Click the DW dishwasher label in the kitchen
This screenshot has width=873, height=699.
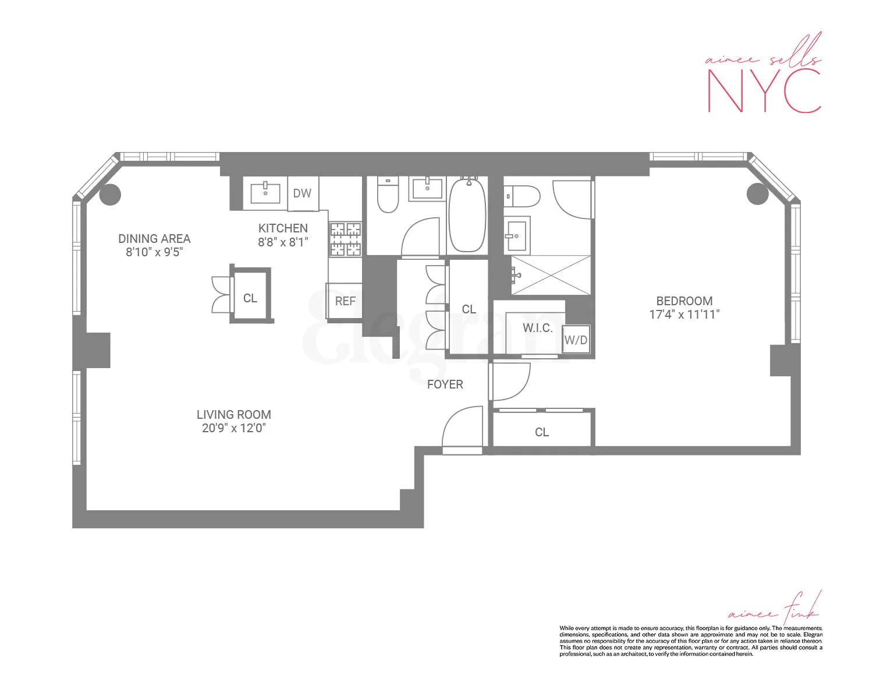pyautogui.click(x=302, y=193)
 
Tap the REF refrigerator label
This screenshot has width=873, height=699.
pyautogui.click(x=345, y=301)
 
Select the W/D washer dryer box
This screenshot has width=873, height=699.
pyautogui.click(x=576, y=340)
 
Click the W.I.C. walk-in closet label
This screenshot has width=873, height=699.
pyautogui.click(x=537, y=328)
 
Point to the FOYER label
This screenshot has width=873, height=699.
pyautogui.click(x=445, y=384)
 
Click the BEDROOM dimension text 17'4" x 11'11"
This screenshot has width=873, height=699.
pyautogui.click(x=684, y=315)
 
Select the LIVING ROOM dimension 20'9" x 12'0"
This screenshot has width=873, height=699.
pyautogui.click(x=233, y=428)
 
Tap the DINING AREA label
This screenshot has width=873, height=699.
pyautogui.click(x=154, y=239)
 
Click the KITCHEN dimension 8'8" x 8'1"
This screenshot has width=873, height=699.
pyautogui.click(x=283, y=242)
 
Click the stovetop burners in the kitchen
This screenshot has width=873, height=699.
pyautogui.click(x=345, y=239)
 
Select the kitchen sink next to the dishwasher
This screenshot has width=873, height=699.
pyautogui.click(x=265, y=193)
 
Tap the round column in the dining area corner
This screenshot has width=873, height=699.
pyautogui.click(x=110, y=194)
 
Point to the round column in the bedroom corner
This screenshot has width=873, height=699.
pyautogui.click(x=757, y=193)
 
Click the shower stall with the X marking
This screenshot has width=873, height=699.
pyautogui.click(x=551, y=275)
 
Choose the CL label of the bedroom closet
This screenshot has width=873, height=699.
pyautogui.click(x=542, y=432)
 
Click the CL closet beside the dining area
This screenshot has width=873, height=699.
pyautogui.click(x=250, y=298)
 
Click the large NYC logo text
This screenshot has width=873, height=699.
pyautogui.click(x=764, y=91)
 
